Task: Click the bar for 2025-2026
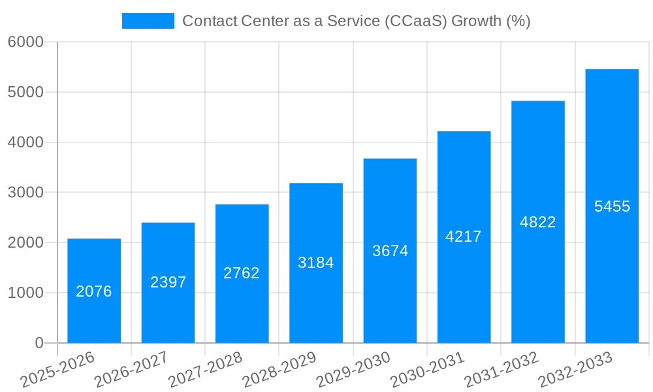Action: point(94,261)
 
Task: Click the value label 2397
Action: point(168,282)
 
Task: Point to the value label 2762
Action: point(242,273)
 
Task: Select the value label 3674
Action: point(390,250)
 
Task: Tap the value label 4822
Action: point(538,222)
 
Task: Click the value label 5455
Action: point(612,206)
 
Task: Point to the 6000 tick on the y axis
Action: point(25,42)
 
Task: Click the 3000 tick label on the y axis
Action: point(25,193)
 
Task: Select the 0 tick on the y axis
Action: point(39,343)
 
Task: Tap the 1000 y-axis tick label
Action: point(25,293)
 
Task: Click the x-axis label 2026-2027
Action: point(131,369)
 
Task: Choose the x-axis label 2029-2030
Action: point(353,369)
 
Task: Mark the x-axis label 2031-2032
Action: point(502,369)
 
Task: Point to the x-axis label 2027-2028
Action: point(205,369)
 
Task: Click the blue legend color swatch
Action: point(148,21)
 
